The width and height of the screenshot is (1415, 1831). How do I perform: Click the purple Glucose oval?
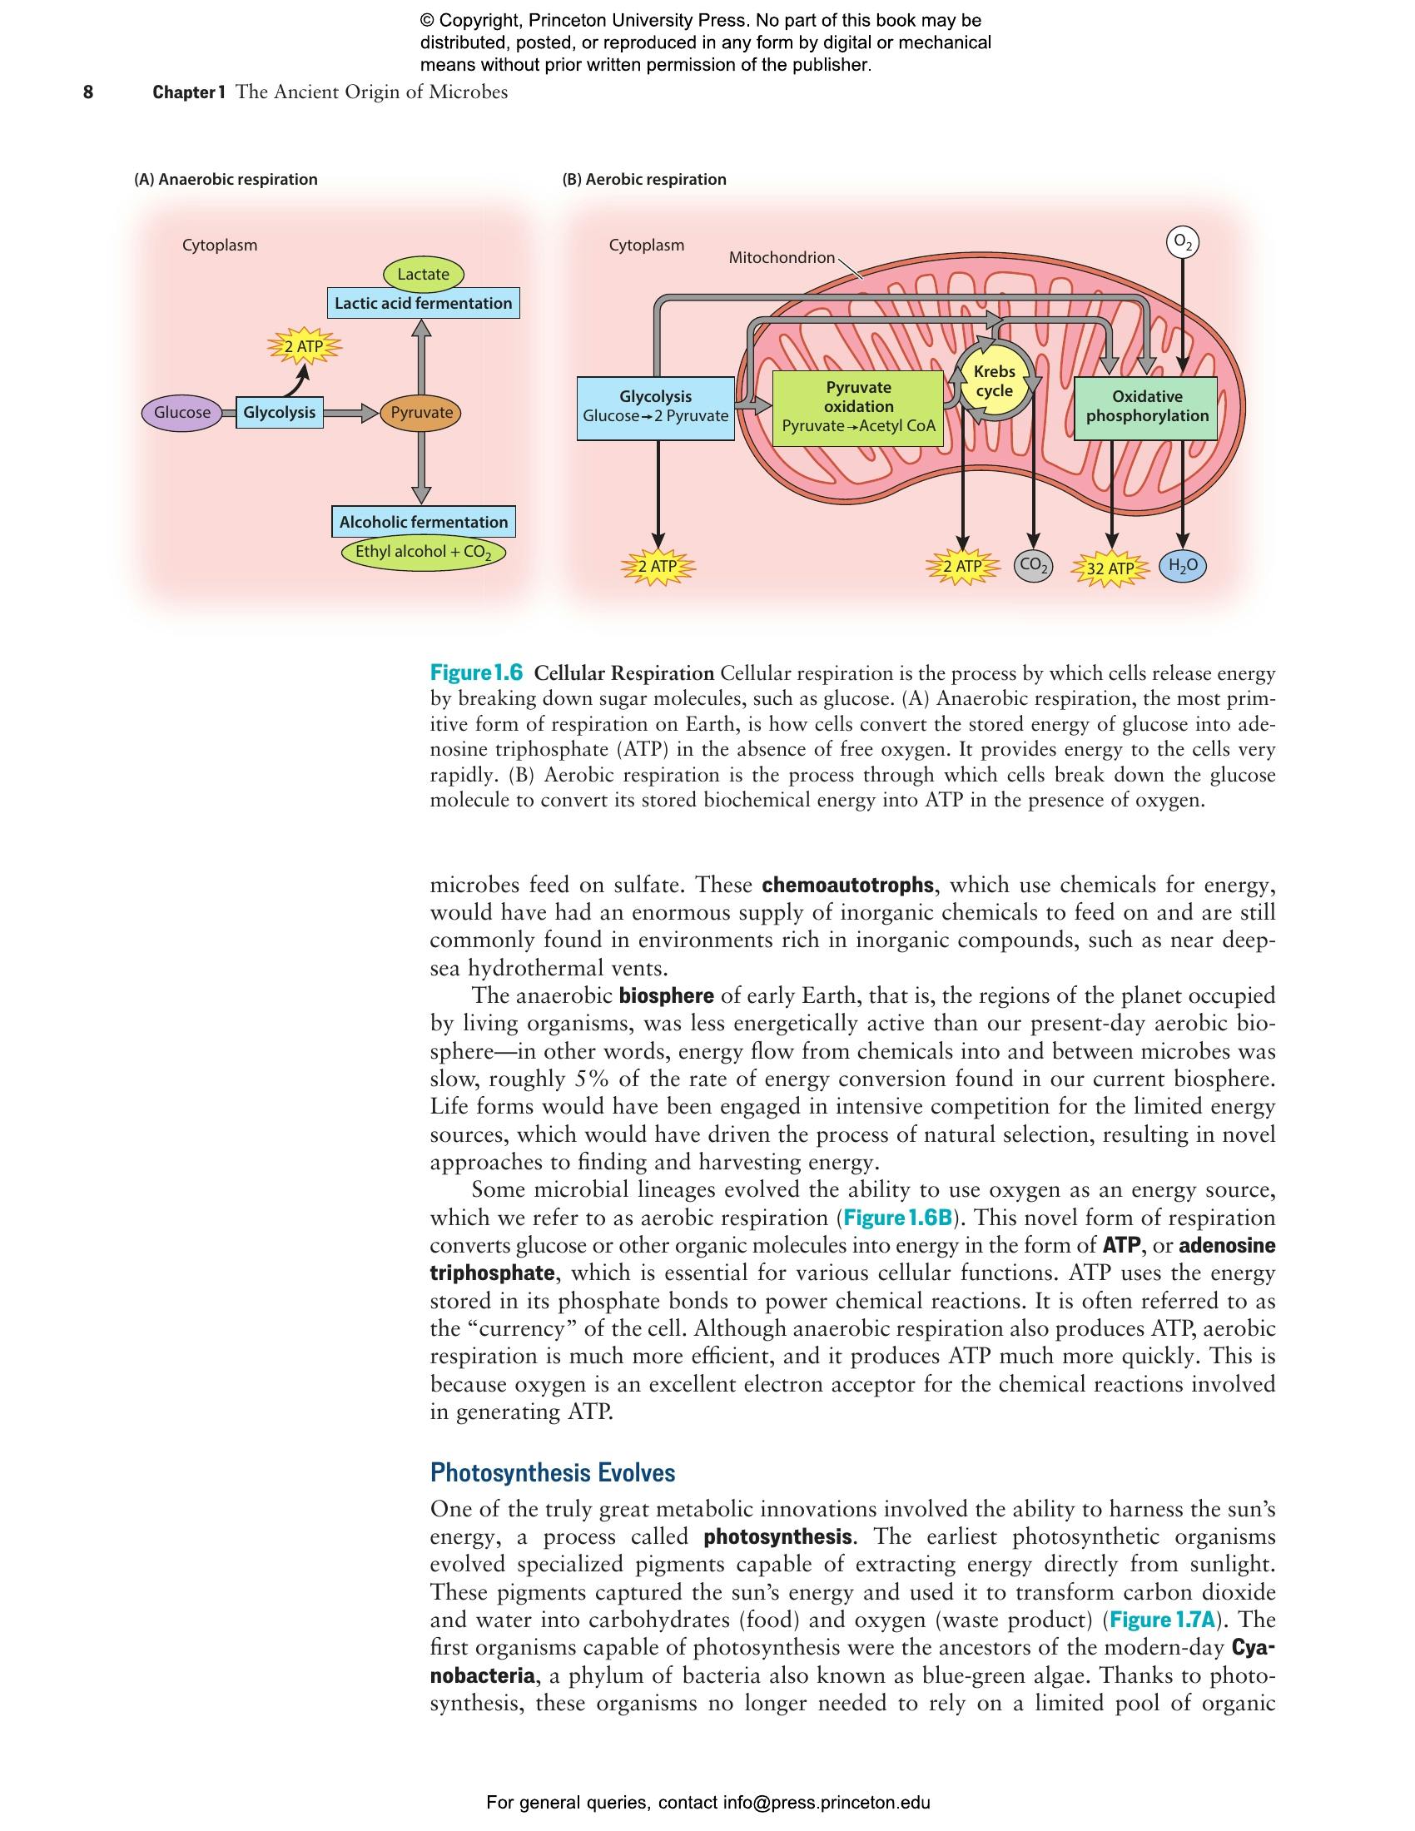click(182, 413)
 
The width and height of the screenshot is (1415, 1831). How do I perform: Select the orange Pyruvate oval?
click(421, 413)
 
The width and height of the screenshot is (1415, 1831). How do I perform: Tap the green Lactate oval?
click(423, 274)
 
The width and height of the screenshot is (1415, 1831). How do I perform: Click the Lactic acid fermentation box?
click(424, 304)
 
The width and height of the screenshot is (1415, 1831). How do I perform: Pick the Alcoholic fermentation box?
click(424, 523)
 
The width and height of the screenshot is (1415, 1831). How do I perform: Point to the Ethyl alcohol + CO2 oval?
click(424, 552)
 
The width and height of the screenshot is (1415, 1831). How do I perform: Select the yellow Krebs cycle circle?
click(994, 381)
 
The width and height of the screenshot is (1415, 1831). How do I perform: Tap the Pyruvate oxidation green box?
click(857, 407)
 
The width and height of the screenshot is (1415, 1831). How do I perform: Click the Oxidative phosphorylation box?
click(1147, 407)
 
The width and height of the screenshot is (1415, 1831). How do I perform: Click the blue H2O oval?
click(1182, 567)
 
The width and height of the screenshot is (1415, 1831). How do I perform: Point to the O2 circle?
click(1182, 242)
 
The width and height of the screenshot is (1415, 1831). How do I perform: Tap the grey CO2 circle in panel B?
click(1034, 567)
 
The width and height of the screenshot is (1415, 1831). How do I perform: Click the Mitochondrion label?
click(782, 257)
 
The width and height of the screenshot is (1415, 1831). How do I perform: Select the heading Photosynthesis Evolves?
click(553, 1472)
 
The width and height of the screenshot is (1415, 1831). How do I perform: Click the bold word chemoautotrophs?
click(847, 885)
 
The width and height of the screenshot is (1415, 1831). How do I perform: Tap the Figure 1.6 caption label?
click(476, 672)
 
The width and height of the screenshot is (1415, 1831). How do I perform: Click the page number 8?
click(88, 92)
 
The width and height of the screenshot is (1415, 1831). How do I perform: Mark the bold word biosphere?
click(667, 996)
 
